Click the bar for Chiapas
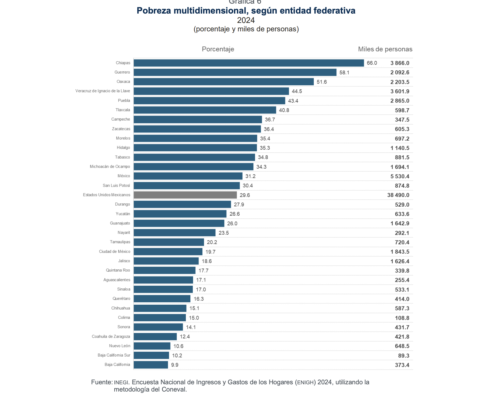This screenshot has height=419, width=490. (249, 63)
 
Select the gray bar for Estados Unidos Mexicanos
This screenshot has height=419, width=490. (185, 195)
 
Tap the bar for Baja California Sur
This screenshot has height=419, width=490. (151, 355)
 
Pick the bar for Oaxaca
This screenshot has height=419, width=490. (224, 82)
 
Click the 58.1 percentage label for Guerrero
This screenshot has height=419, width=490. (344, 73)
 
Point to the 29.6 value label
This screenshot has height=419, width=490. (245, 195)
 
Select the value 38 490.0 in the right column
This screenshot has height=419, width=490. (398, 195)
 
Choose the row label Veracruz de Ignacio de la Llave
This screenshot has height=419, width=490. (103, 91)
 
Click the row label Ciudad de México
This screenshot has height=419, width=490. (115, 252)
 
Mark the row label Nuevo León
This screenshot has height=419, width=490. (119, 346)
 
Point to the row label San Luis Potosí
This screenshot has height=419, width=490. (116, 186)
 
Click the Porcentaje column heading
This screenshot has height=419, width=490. (218, 49)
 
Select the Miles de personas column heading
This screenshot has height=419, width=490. (385, 49)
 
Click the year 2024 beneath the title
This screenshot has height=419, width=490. (246, 20)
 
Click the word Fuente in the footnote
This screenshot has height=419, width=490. (101, 382)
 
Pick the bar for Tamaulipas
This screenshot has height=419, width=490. (169, 242)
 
